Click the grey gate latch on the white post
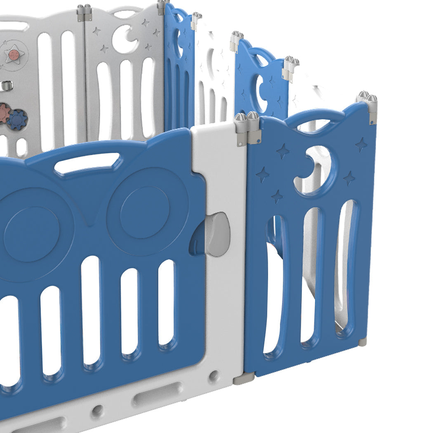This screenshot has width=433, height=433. pos(218,234)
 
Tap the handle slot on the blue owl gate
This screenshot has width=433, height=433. pos(87,162)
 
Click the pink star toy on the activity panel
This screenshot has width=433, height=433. pos(14,54)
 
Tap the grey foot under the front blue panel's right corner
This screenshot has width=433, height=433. pos(362,342)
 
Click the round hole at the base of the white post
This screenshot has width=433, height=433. pos(214,376)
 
